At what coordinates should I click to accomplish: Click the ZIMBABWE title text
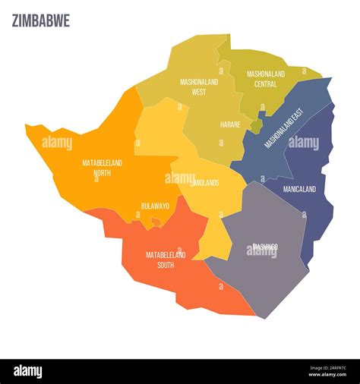click(41, 21)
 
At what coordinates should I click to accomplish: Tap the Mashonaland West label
click(199, 87)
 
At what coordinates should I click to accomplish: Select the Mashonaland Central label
click(266, 78)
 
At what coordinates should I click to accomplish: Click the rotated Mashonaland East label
click(283, 127)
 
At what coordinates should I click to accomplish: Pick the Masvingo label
click(265, 247)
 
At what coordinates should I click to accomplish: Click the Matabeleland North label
click(103, 168)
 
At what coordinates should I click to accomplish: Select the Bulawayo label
click(155, 206)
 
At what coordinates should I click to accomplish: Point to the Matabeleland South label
click(166, 260)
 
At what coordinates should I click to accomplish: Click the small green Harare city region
click(257, 125)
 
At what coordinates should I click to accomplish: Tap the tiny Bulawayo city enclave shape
click(156, 222)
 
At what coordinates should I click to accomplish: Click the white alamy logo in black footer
click(28, 371)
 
